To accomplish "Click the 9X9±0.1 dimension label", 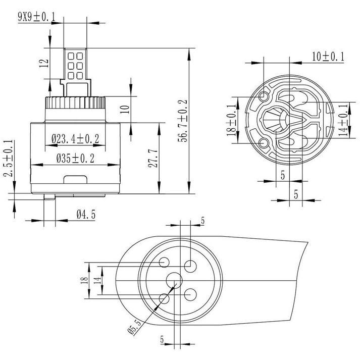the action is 37,17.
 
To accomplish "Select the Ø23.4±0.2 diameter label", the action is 75,139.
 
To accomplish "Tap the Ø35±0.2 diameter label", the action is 75,159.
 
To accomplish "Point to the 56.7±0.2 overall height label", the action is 183,121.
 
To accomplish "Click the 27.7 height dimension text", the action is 153,158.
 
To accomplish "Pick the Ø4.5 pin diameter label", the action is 86,215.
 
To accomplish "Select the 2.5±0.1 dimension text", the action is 8,158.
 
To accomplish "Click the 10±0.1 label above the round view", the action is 328,57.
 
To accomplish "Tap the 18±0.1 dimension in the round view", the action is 232,120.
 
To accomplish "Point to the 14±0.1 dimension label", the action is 344,120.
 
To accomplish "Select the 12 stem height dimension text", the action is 44,64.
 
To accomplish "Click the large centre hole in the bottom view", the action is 174,280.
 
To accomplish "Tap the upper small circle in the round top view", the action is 264,96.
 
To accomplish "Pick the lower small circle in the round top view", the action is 264,143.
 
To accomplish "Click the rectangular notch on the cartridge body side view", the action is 75,180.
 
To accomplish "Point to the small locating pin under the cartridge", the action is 49,197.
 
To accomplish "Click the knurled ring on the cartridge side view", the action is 75,102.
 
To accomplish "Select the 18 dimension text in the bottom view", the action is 84,280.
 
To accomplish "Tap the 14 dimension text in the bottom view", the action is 97,280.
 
